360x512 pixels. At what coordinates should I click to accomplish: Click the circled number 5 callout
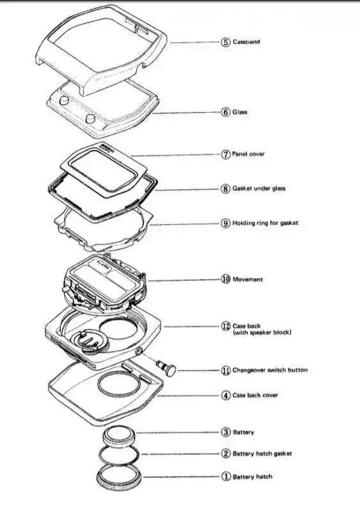[x=226, y=42]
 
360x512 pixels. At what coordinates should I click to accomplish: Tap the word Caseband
[x=246, y=42]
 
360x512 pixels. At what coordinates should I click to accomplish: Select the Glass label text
[x=240, y=112]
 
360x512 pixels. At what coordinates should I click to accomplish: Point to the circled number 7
[x=226, y=154]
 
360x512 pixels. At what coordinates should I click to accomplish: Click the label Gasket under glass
[x=259, y=188]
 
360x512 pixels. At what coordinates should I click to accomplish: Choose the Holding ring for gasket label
[x=265, y=223]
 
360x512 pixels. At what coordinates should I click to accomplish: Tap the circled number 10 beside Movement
[x=226, y=279]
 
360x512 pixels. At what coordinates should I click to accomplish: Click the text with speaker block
[x=262, y=333]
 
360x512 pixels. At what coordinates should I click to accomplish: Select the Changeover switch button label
[x=270, y=371]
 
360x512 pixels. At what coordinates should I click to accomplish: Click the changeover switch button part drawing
[x=166, y=367]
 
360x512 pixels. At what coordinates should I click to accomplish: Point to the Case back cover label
[x=255, y=395]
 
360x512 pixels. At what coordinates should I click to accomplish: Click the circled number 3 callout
[x=226, y=433]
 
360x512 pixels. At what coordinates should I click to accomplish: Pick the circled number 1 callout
[x=226, y=477]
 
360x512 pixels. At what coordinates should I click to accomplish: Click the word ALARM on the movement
[x=104, y=263]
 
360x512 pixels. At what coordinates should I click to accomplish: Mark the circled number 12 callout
[x=226, y=326]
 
